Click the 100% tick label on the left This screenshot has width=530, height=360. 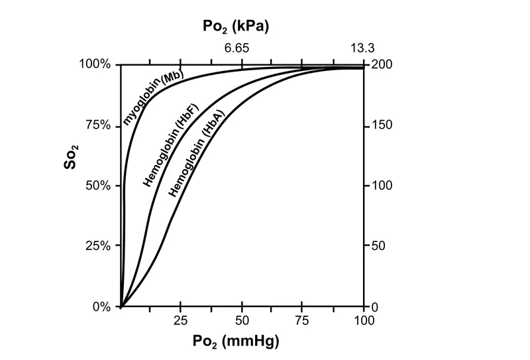click(x=96, y=65)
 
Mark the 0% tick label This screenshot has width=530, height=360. click(x=101, y=307)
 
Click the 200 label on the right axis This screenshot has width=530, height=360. click(x=383, y=65)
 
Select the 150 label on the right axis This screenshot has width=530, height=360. click(x=383, y=125)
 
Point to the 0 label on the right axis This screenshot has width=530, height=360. click(x=375, y=307)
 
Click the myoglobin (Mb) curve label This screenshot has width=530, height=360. click(x=153, y=95)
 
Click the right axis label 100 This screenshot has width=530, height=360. click(x=383, y=186)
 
